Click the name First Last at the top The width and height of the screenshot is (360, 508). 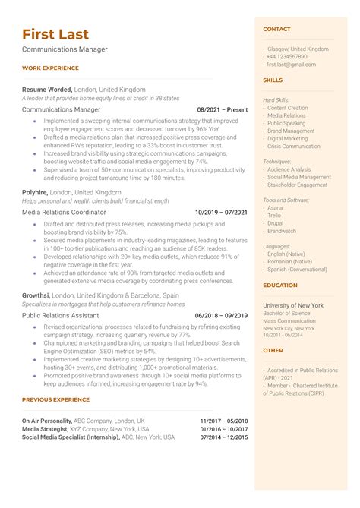click(55, 34)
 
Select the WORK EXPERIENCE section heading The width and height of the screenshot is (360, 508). click(51, 68)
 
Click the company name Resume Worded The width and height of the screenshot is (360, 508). click(47, 89)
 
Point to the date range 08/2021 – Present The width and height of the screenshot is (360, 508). click(222, 109)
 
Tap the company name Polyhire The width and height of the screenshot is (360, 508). click(35, 193)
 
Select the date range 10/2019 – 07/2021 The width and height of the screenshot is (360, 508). click(221, 213)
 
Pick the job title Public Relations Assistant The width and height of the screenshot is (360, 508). click(61, 314)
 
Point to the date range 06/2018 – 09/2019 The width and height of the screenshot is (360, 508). click(221, 315)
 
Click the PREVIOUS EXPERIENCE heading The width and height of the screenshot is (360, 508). click(55, 399)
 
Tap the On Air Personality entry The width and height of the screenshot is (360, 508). click(47, 420)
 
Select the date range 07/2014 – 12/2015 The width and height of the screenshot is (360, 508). click(224, 437)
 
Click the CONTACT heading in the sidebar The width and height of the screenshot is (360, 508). click(276, 29)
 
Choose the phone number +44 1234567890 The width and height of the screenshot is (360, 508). click(286, 57)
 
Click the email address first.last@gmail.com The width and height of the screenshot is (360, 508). click(292, 65)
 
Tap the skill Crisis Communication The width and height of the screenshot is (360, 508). click(294, 147)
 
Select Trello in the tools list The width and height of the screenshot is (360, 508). click(275, 216)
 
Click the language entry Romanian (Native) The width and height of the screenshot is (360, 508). click(289, 261)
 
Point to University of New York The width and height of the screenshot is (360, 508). click(293, 305)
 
